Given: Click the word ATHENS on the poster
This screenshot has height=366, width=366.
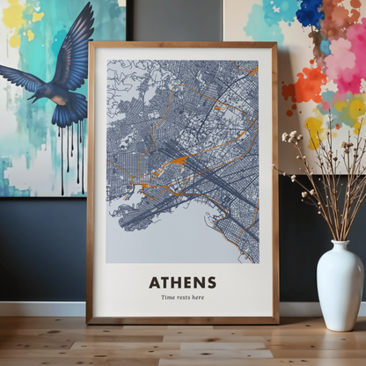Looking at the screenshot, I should click(182, 282).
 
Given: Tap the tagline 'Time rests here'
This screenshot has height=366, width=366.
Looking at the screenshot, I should click(182, 297).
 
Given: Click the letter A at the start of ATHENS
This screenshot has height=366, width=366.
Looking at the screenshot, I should click(154, 282).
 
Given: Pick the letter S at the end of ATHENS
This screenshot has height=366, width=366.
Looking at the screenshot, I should click(211, 282).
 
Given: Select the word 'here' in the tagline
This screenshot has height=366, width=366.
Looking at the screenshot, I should click(198, 297).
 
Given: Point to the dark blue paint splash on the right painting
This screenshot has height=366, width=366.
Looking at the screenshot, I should click(310, 12).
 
